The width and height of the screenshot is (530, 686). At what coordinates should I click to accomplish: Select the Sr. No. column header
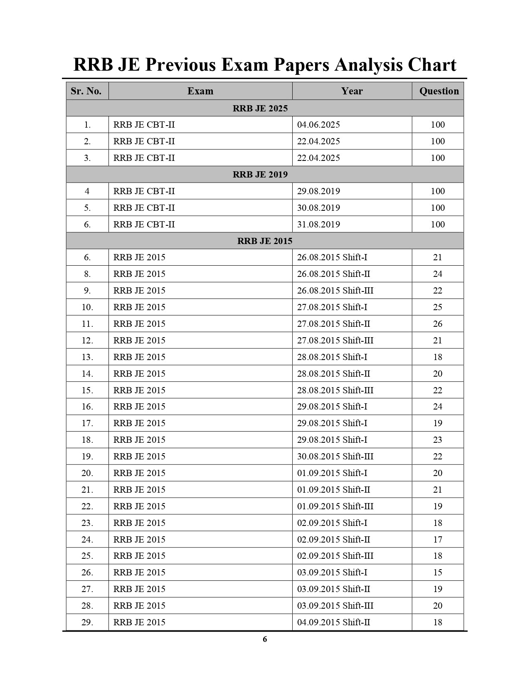[86, 91]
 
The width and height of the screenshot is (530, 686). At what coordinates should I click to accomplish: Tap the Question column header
[439, 91]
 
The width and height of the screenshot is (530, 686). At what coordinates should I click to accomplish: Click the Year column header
[352, 91]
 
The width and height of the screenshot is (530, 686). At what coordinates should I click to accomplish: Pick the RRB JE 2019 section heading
[260, 175]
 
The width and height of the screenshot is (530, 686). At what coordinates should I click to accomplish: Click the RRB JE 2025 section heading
[260, 109]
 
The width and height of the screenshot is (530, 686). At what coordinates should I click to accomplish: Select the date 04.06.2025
[318, 125]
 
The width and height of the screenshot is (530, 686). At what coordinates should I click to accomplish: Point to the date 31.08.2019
[318, 225]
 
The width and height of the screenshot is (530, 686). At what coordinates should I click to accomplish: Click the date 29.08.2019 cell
[318, 191]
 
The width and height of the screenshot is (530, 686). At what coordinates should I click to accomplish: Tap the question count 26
[437, 324]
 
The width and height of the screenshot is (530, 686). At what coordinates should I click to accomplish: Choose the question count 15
[437, 572]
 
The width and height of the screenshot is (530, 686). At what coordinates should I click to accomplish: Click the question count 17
[437, 540]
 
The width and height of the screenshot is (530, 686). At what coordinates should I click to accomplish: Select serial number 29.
[87, 622]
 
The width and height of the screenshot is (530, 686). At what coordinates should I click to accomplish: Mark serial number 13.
[87, 357]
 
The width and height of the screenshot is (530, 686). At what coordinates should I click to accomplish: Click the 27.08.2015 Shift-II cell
[333, 324]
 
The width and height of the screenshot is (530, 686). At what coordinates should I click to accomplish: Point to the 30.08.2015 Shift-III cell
[335, 457]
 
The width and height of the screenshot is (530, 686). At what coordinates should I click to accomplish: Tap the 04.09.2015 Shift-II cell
[333, 622]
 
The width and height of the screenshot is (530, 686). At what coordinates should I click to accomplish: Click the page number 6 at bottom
[265, 639]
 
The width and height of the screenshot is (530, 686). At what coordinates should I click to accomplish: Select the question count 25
[437, 307]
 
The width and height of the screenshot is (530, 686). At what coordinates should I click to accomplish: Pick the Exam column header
[200, 91]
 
